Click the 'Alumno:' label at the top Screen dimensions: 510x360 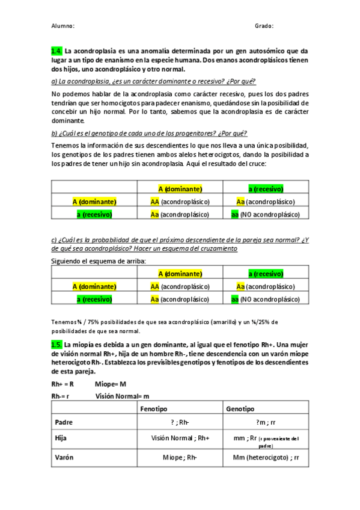click(x=63, y=26)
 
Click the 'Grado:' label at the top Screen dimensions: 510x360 click(x=264, y=26)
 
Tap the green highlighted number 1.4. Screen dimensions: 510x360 click(x=56, y=52)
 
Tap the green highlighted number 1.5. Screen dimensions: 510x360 click(x=56, y=344)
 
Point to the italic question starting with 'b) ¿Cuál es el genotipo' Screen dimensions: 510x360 click(x=150, y=134)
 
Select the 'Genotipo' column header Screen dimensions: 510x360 click(x=240, y=408)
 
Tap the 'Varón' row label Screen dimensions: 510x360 click(x=64, y=457)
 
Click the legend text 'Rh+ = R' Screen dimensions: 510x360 click(x=63, y=383)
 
